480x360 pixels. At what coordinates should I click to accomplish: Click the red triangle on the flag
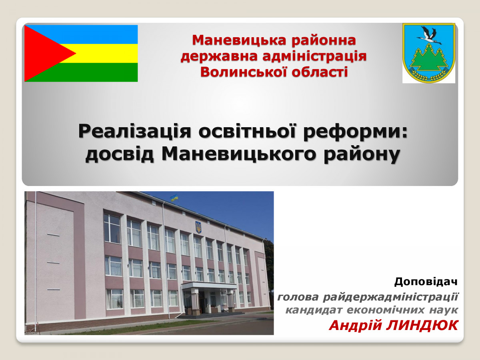(44, 53)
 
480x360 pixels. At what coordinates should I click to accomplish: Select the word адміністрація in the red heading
(314, 56)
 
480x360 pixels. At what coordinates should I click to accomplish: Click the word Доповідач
(426, 282)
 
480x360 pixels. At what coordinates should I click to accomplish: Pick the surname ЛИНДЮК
(422, 326)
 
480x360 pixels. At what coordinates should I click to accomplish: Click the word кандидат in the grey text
(314, 310)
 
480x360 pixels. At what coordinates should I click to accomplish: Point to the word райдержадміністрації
(390, 297)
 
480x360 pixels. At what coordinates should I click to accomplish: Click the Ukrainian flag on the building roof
(174, 198)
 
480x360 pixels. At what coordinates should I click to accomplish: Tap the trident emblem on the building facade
(198, 227)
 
